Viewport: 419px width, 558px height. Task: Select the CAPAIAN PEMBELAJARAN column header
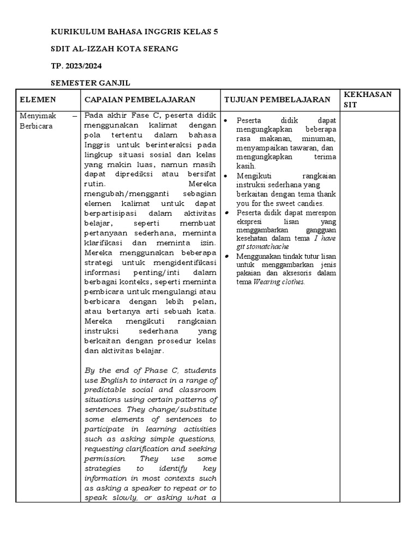140,100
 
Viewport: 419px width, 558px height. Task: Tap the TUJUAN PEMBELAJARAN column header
277,100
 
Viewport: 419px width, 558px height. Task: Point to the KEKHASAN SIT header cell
368,99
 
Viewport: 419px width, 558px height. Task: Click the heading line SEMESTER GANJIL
91,83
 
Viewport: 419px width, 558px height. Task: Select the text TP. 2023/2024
76,66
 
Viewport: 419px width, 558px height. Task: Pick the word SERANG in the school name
159,49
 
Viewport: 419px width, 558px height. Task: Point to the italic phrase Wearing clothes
279,282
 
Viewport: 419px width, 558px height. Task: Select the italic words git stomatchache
262,247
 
